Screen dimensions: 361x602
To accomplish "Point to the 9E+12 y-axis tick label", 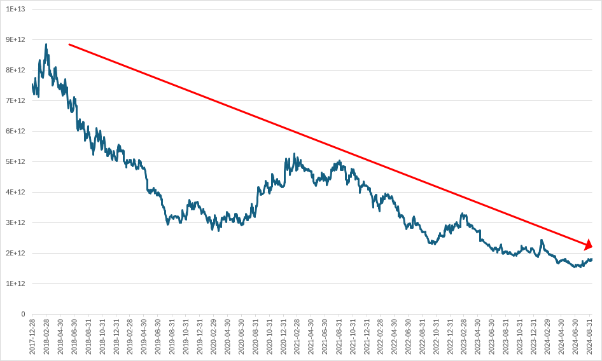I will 14,39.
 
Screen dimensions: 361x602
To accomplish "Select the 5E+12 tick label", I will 14,161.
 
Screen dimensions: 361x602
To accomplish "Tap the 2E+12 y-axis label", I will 14,253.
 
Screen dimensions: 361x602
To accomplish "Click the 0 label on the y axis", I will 22,314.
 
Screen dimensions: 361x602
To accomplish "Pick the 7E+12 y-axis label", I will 14,100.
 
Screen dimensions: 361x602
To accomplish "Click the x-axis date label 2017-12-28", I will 32,336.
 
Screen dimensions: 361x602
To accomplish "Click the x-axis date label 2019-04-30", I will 144,336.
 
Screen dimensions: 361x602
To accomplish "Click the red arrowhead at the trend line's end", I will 589,245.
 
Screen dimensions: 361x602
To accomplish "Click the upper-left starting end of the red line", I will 69,44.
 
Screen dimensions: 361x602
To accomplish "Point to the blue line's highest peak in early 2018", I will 46,44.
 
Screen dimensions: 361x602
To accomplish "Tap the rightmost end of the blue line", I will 592,259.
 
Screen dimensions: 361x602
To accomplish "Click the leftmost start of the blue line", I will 32,85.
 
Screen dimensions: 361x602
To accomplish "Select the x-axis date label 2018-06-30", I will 74,336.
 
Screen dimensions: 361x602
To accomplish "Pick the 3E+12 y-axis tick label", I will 14,222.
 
